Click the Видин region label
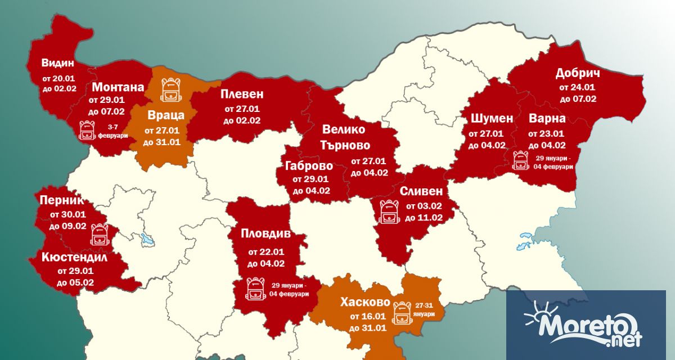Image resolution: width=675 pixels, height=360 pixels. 58,62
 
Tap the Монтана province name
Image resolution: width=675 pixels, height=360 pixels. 118,87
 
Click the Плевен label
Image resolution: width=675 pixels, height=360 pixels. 242,93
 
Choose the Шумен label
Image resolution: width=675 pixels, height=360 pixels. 487,119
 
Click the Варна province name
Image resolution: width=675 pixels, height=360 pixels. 547,119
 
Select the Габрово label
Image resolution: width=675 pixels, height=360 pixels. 308,166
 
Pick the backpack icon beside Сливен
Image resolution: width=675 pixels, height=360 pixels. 389,211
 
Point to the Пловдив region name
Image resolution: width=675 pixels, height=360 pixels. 265,232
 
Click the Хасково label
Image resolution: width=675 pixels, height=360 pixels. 366,303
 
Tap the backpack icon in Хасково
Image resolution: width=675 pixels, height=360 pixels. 403,313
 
